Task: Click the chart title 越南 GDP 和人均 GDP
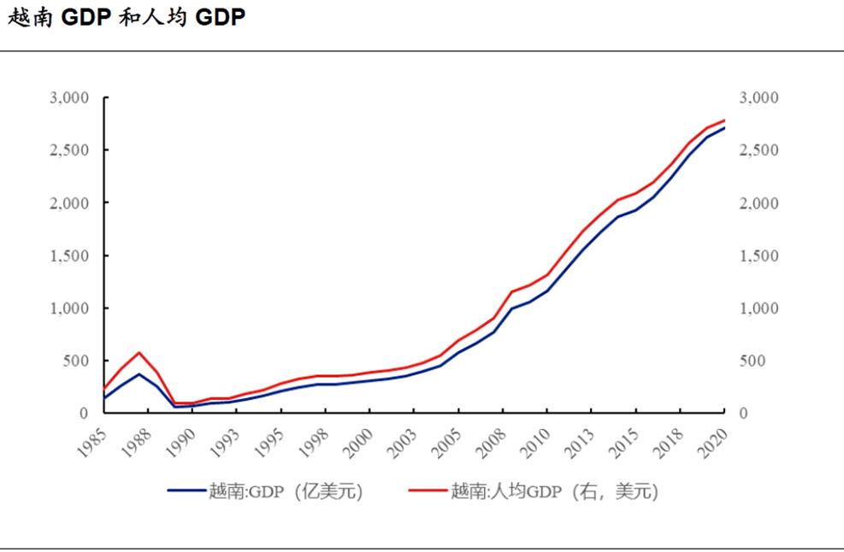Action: click(127, 19)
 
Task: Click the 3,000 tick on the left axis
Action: click(69, 98)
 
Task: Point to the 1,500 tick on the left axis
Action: click(69, 255)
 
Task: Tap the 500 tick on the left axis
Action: click(76, 361)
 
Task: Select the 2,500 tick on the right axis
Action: click(758, 150)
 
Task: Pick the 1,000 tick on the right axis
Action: click(758, 308)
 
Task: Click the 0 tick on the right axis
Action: click(743, 414)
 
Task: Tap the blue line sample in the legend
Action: click(186, 491)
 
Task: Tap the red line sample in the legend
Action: click(428, 491)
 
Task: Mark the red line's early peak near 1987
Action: click(139, 352)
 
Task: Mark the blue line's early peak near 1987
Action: click(139, 373)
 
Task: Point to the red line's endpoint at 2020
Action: click(724, 120)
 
